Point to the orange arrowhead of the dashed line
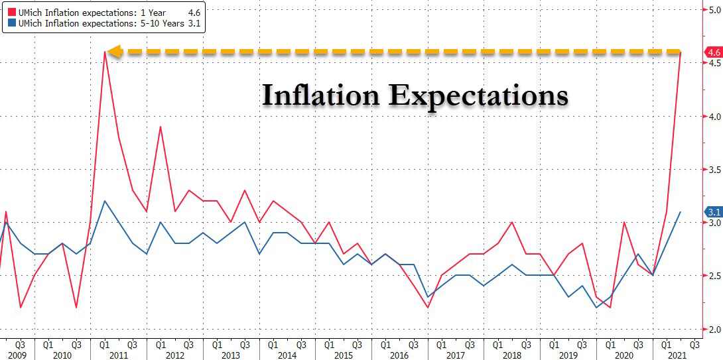115,52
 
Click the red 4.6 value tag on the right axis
714,52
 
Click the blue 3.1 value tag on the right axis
714,212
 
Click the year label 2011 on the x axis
118,355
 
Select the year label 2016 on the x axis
399,355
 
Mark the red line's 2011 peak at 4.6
104,52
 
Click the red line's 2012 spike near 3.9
160,127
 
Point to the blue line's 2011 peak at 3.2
104,201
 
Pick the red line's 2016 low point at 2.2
428,308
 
